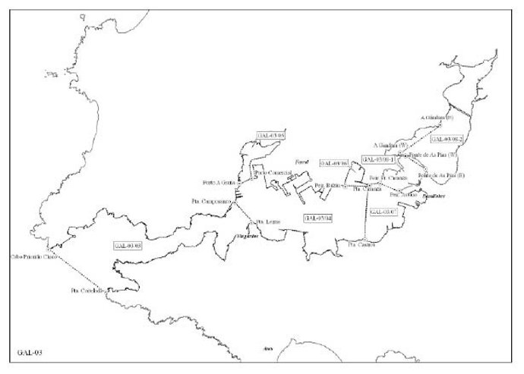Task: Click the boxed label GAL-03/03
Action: [x=128, y=246]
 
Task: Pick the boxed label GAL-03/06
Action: [x=333, y=163]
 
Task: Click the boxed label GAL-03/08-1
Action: [x=379, y=159]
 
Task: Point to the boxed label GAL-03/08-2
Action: [x=447, y=140]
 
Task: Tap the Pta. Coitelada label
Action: [x=87, y=291]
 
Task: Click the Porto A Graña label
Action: [x=218, y=182]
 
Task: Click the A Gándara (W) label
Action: [x=391, y=144]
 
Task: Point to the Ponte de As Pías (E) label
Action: [x=436, y=175]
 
